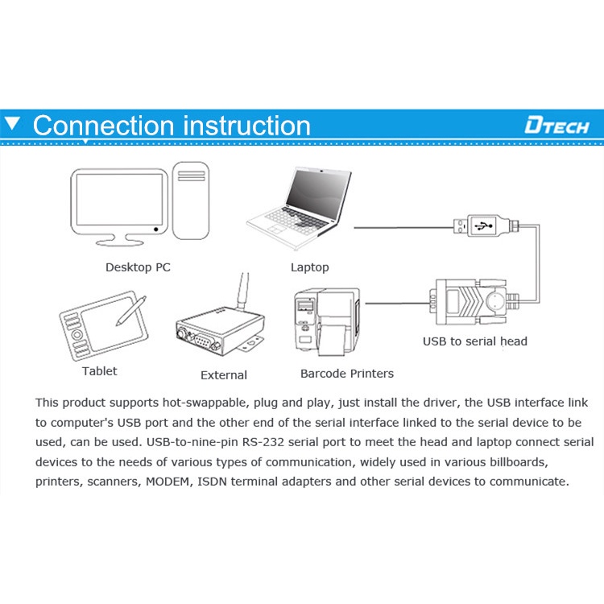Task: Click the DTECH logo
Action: tap(556, 125)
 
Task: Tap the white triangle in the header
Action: tap(12, 124)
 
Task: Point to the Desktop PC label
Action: tap(138, 267)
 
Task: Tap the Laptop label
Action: tap(309, 267)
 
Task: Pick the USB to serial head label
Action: tap(475, 341)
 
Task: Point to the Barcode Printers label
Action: tap(347, 373)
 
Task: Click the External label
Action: tap(224, 374)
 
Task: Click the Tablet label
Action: tap(99, 371)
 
